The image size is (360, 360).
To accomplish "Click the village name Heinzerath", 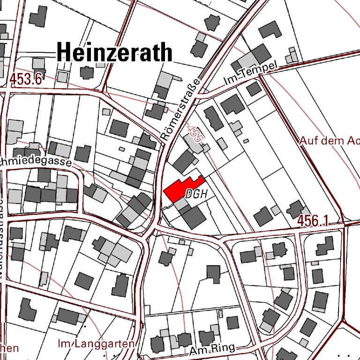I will point(114,52).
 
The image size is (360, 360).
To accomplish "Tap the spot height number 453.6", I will point(26,79).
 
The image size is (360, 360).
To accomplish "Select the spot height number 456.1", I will point(313,220).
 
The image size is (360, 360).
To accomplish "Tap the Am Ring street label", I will point(212,349).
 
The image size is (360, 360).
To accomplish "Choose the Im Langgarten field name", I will point(96,344).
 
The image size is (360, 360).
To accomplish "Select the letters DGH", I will point(196,193).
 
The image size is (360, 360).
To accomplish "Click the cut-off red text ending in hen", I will point(9,348).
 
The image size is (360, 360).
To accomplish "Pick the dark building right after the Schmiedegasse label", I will point(82,153).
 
